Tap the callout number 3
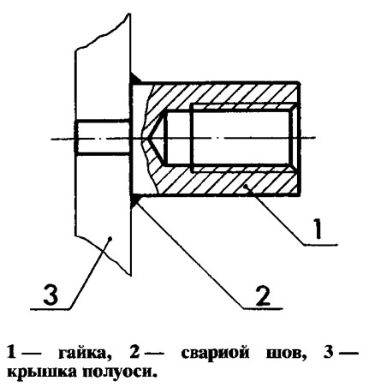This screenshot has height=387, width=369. tap(51, 295)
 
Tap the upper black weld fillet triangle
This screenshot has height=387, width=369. tap(135, 78)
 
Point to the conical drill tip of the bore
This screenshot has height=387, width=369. tap(157, 140)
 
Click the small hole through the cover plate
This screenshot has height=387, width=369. tap(103, 138)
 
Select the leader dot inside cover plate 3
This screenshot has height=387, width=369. tap(110, 237)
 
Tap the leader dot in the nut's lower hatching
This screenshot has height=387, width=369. tap(245, 187)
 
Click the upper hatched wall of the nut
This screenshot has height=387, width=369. tap(223, 94)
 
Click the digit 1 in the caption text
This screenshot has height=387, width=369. tap(11, 353)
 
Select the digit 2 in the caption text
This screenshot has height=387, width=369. tap(134, 353)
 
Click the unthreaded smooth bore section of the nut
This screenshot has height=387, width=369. tap(178, 139)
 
